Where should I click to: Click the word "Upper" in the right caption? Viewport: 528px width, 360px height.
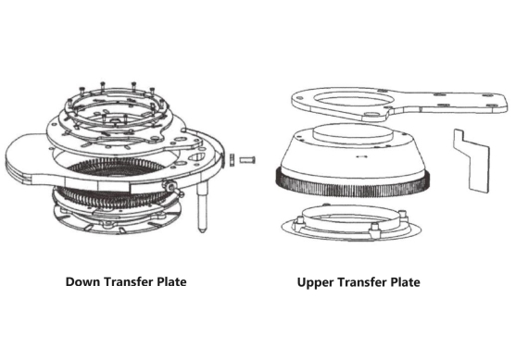(x=316, y=281)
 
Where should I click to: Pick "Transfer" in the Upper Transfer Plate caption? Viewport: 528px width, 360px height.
(x=358, y=281)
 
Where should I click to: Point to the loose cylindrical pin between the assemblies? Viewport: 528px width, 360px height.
(x=247, y=159)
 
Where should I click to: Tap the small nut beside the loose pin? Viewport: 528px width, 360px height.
(x=231, y=160)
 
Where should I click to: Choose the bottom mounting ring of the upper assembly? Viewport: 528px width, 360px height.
(x=352, y=225)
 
